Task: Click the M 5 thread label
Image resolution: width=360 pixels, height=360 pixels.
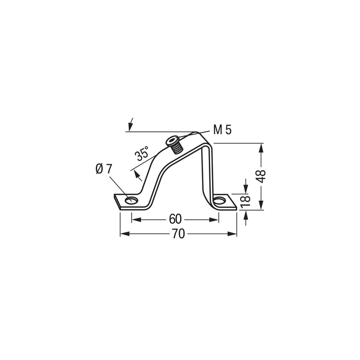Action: tap(222, 130)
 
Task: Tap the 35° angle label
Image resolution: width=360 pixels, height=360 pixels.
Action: tap(142, 153)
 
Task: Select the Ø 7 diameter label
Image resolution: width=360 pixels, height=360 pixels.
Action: tap(103, 169)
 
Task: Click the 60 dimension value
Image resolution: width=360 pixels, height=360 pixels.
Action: tap(175, 219)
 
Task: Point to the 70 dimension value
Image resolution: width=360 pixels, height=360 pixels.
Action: tap(178, 234)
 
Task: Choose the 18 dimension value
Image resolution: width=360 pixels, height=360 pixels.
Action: tap(245, 201)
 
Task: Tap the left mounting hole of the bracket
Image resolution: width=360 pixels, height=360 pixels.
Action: tap(131, 200)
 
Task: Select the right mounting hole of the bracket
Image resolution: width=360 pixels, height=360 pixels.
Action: tap(220, 201)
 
